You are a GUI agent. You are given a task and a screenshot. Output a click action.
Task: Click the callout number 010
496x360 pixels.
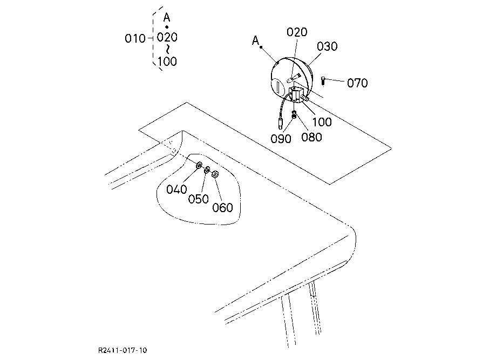(135, 38)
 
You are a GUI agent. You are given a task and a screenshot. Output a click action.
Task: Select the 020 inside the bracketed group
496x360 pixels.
(167, 38)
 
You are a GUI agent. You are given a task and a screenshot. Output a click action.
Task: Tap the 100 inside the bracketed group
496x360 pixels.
(167, 61)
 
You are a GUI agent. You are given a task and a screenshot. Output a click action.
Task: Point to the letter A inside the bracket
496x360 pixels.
(167, 17)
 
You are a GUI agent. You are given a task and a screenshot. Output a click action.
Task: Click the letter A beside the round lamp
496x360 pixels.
(255, 40)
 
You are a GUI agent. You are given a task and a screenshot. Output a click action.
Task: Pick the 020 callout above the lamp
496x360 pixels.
(297, 32)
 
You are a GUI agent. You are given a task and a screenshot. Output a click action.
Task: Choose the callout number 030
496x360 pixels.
(327, 46)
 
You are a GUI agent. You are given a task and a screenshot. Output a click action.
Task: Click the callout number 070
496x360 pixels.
(357, 83)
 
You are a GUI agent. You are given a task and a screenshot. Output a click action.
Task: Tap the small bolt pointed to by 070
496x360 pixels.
(323, 81)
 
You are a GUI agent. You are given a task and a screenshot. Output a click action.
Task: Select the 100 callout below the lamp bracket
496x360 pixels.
(322, 122)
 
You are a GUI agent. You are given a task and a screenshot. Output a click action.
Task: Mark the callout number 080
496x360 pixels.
(312, 137)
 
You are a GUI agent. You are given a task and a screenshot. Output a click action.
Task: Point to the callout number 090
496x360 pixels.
(281, 138)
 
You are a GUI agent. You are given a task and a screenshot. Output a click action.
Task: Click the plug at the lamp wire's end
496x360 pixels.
(281, 121)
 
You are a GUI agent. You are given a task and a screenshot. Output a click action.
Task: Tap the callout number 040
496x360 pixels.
(176, 189)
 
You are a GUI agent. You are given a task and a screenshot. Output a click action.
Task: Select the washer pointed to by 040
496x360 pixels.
(199, 165)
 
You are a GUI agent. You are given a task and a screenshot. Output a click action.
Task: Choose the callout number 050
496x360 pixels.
(198, 199)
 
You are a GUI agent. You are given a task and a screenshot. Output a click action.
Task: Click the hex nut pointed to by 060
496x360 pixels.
(214, 174)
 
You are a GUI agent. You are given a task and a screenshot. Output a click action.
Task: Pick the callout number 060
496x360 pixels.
(222, 208)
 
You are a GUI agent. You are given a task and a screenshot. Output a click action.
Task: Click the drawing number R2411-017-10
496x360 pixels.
(123, 350)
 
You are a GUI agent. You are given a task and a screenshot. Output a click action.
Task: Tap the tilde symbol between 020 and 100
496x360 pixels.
(167, 49)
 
